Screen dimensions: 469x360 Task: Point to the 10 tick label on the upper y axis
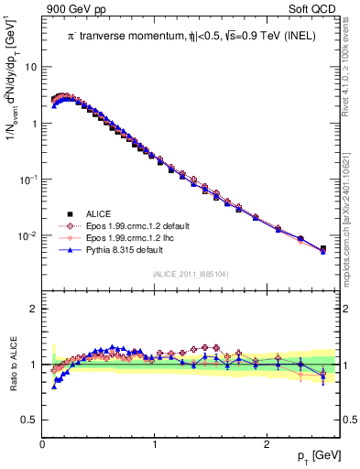[x=32, y=67]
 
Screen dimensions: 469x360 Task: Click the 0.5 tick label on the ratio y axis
[x=30, y=420]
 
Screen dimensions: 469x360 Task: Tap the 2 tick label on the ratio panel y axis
[x=35, y=309]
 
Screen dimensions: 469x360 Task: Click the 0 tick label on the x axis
[x=42, y=442]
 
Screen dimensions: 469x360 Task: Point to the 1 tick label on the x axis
[x=154, y=442]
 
